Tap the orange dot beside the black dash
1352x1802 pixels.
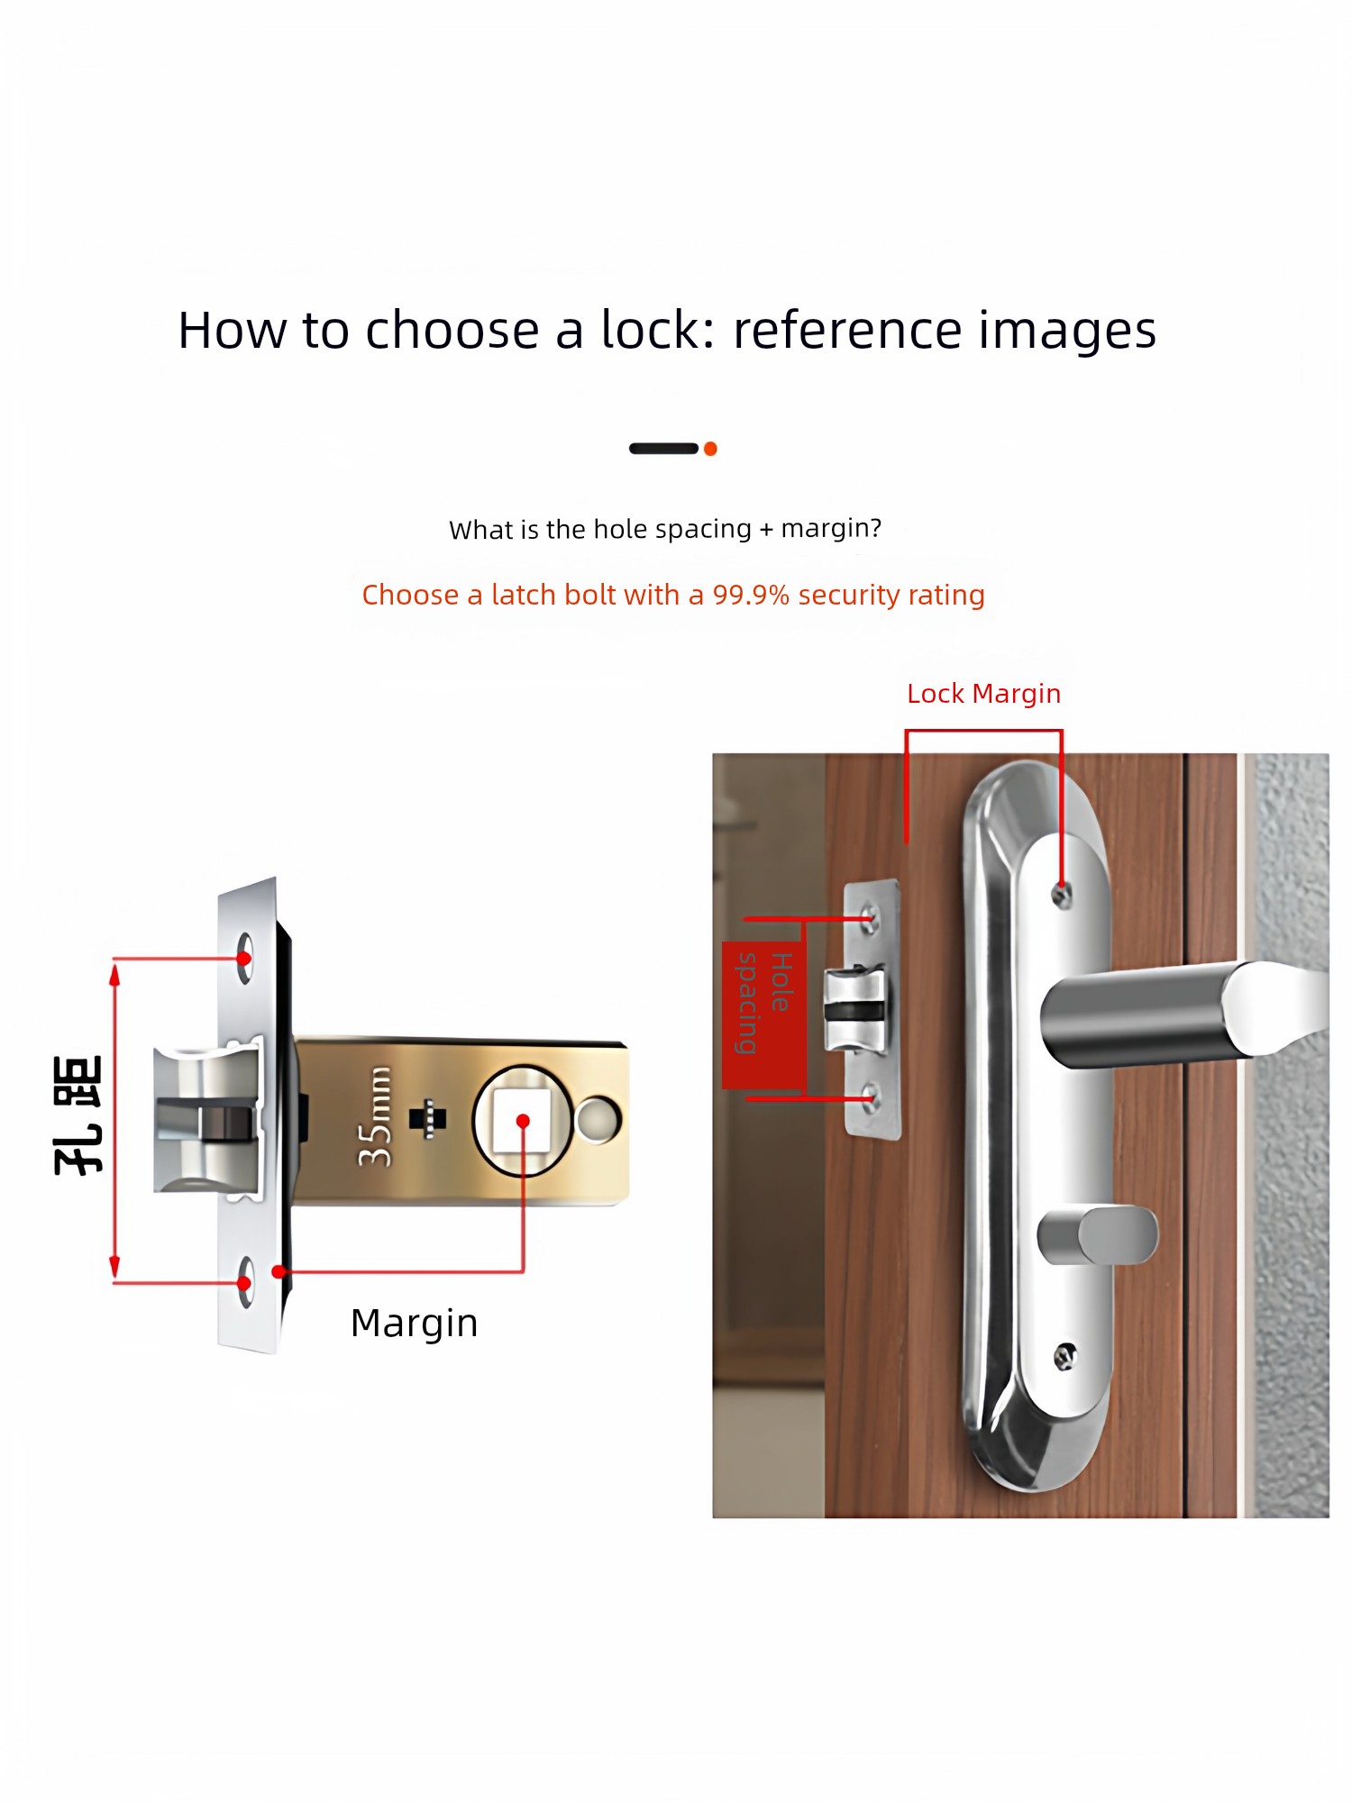710,449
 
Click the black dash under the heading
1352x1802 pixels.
663,449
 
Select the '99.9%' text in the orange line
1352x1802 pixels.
751,595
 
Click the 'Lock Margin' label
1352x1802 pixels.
983,694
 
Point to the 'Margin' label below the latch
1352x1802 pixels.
415,1324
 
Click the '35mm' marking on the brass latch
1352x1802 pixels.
375,1117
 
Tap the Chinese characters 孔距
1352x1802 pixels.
78,1115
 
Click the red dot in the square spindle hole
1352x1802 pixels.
523,1121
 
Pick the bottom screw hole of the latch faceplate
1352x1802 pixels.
245,1283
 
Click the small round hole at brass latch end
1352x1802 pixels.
597,1119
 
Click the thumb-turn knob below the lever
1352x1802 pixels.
1098,1235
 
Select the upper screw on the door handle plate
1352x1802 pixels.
1063,895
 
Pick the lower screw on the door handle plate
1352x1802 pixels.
1065,1355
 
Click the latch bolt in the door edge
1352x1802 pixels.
854,1010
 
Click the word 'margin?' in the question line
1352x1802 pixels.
831,528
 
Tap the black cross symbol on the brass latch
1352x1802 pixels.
428,1118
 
